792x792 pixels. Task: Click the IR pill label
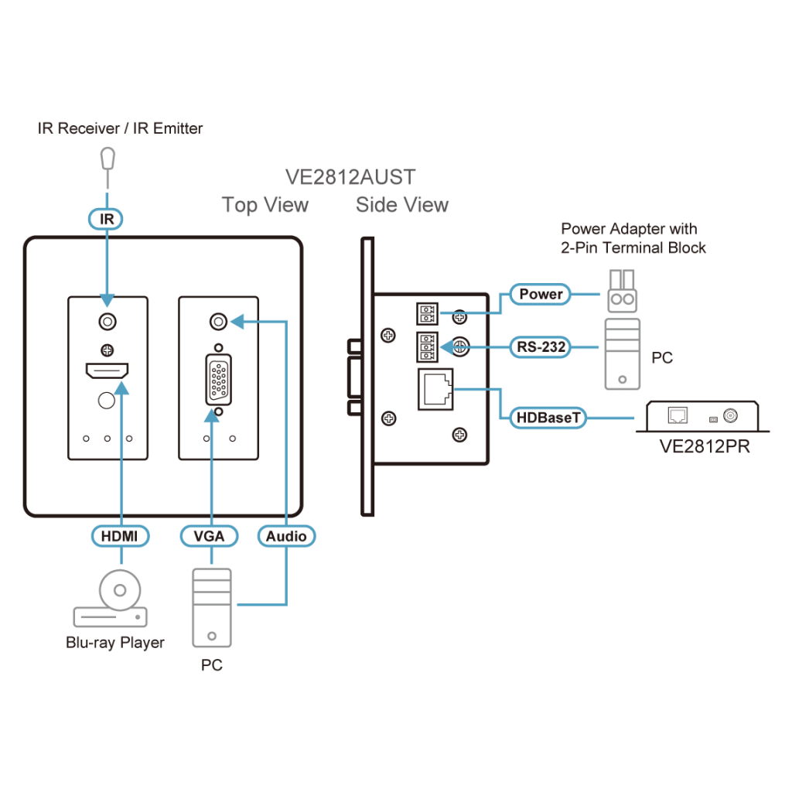[x=107, y=220]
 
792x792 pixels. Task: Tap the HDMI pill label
[x=120, y=535]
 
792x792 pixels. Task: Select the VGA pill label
[x=209, y=535]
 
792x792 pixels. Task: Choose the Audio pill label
[x=286, y=535]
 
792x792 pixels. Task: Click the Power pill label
[x=541, y=294]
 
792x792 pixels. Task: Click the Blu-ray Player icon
[x=111, y=604]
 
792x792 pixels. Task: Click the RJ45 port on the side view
[x=435, y=388]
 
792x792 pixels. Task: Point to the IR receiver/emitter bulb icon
[x=107, y=159]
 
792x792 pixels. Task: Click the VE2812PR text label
[x=704, y=448]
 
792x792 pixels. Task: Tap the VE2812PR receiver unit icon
[x=702, y=416]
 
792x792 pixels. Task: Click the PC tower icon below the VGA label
[x=211, y=606]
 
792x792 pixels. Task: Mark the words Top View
[x=265, y=205]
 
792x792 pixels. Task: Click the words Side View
[x=401, y=205]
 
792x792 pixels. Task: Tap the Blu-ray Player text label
[x=114, y=642]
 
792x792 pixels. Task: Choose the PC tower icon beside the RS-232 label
[x=623, y=354]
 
